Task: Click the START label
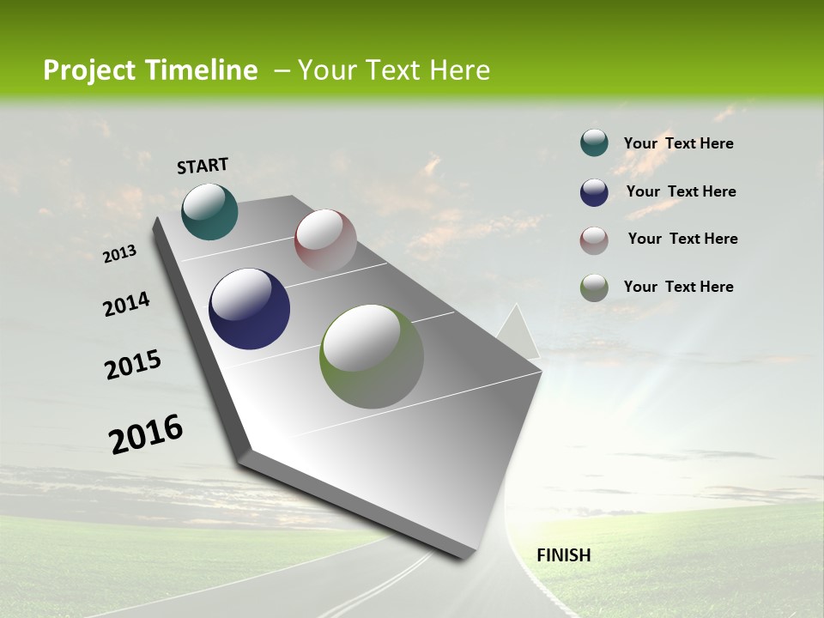coord(203,166)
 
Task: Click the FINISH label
coord(563,555)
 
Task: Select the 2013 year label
coord(120,254)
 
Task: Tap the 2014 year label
coord(126,304)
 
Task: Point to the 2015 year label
coord(133,365)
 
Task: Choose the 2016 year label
coord(146,434)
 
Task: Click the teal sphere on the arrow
coord(209,211)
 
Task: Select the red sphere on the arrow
coord(325,240)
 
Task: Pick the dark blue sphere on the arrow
coord(249,309)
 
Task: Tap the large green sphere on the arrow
coord(372,356)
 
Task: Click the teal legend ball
coord(594,143)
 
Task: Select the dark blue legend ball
coord(594,192)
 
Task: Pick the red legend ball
coord(594,240)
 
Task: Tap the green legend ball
coord(594,288)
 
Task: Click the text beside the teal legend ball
coord(678,143)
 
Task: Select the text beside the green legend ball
coord(678,287)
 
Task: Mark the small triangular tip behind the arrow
coord(520,333)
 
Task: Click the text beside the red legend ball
coord(682,239)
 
